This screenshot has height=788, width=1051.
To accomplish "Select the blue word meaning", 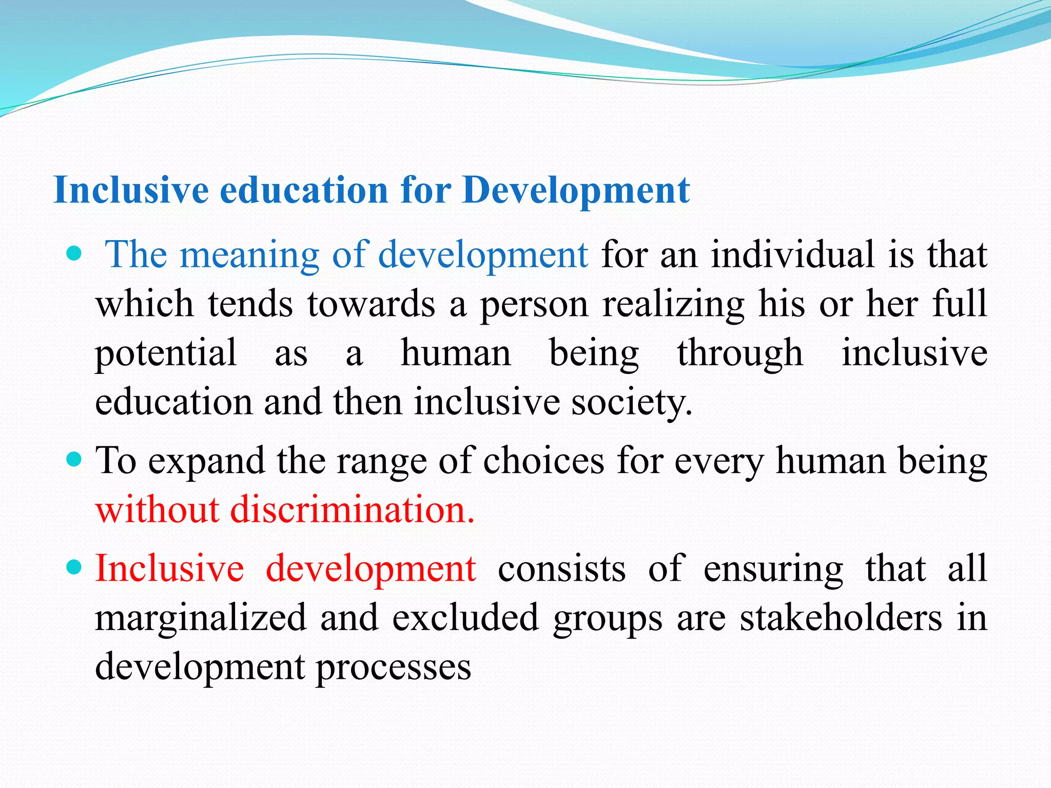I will pos(249,254).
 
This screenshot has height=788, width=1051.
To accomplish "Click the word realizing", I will pos(673,304).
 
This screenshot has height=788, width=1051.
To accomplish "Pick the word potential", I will pos(166,353).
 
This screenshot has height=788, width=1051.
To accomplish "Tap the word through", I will pos(740,353).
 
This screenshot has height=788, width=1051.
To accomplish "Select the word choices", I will pos(543,461).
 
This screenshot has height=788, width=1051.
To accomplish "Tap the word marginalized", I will pos(201,618).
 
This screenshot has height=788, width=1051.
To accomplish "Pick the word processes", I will pos(393,667).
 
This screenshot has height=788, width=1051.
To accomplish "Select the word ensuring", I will pos(773,568).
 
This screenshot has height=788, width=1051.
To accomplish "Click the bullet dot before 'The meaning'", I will pos(74,253).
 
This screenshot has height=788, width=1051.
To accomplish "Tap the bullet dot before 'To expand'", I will pos(74,459).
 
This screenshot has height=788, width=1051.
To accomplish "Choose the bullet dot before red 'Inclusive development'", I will pos(74,567).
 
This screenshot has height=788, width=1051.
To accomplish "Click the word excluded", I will pos(465,618).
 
